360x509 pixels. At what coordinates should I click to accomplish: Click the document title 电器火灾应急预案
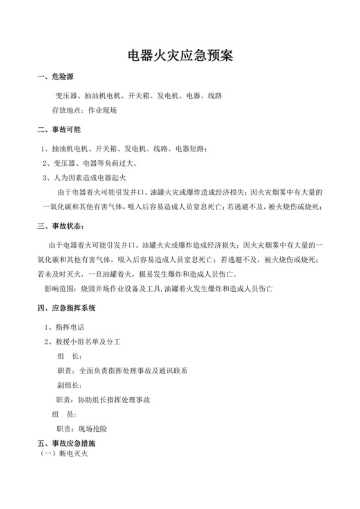179,55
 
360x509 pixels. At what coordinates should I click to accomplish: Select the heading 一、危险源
60,78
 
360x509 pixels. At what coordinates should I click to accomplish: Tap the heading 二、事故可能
60,130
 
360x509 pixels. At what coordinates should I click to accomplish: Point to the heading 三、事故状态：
61,226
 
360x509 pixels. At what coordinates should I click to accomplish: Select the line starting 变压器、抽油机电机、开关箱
138,96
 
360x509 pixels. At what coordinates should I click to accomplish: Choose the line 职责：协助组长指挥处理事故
104,400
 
